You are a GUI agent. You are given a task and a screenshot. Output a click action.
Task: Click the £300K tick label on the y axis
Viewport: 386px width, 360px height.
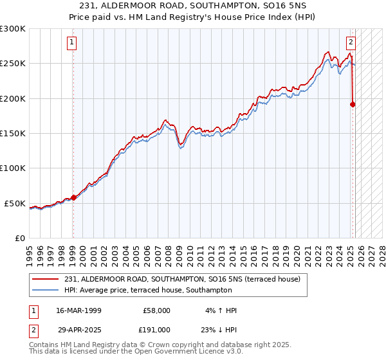point(13,29)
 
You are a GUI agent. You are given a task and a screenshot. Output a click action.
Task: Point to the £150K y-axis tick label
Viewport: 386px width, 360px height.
point(13,133)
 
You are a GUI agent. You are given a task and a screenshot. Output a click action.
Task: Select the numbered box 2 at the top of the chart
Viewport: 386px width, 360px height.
point(351,43)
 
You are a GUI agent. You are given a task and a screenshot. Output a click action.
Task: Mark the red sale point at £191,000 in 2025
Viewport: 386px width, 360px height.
point(353,104)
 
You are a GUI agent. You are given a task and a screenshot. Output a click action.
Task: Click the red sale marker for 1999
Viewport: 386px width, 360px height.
point(73,197)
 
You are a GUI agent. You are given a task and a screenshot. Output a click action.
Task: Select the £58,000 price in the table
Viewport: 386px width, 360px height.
point(154,310)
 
